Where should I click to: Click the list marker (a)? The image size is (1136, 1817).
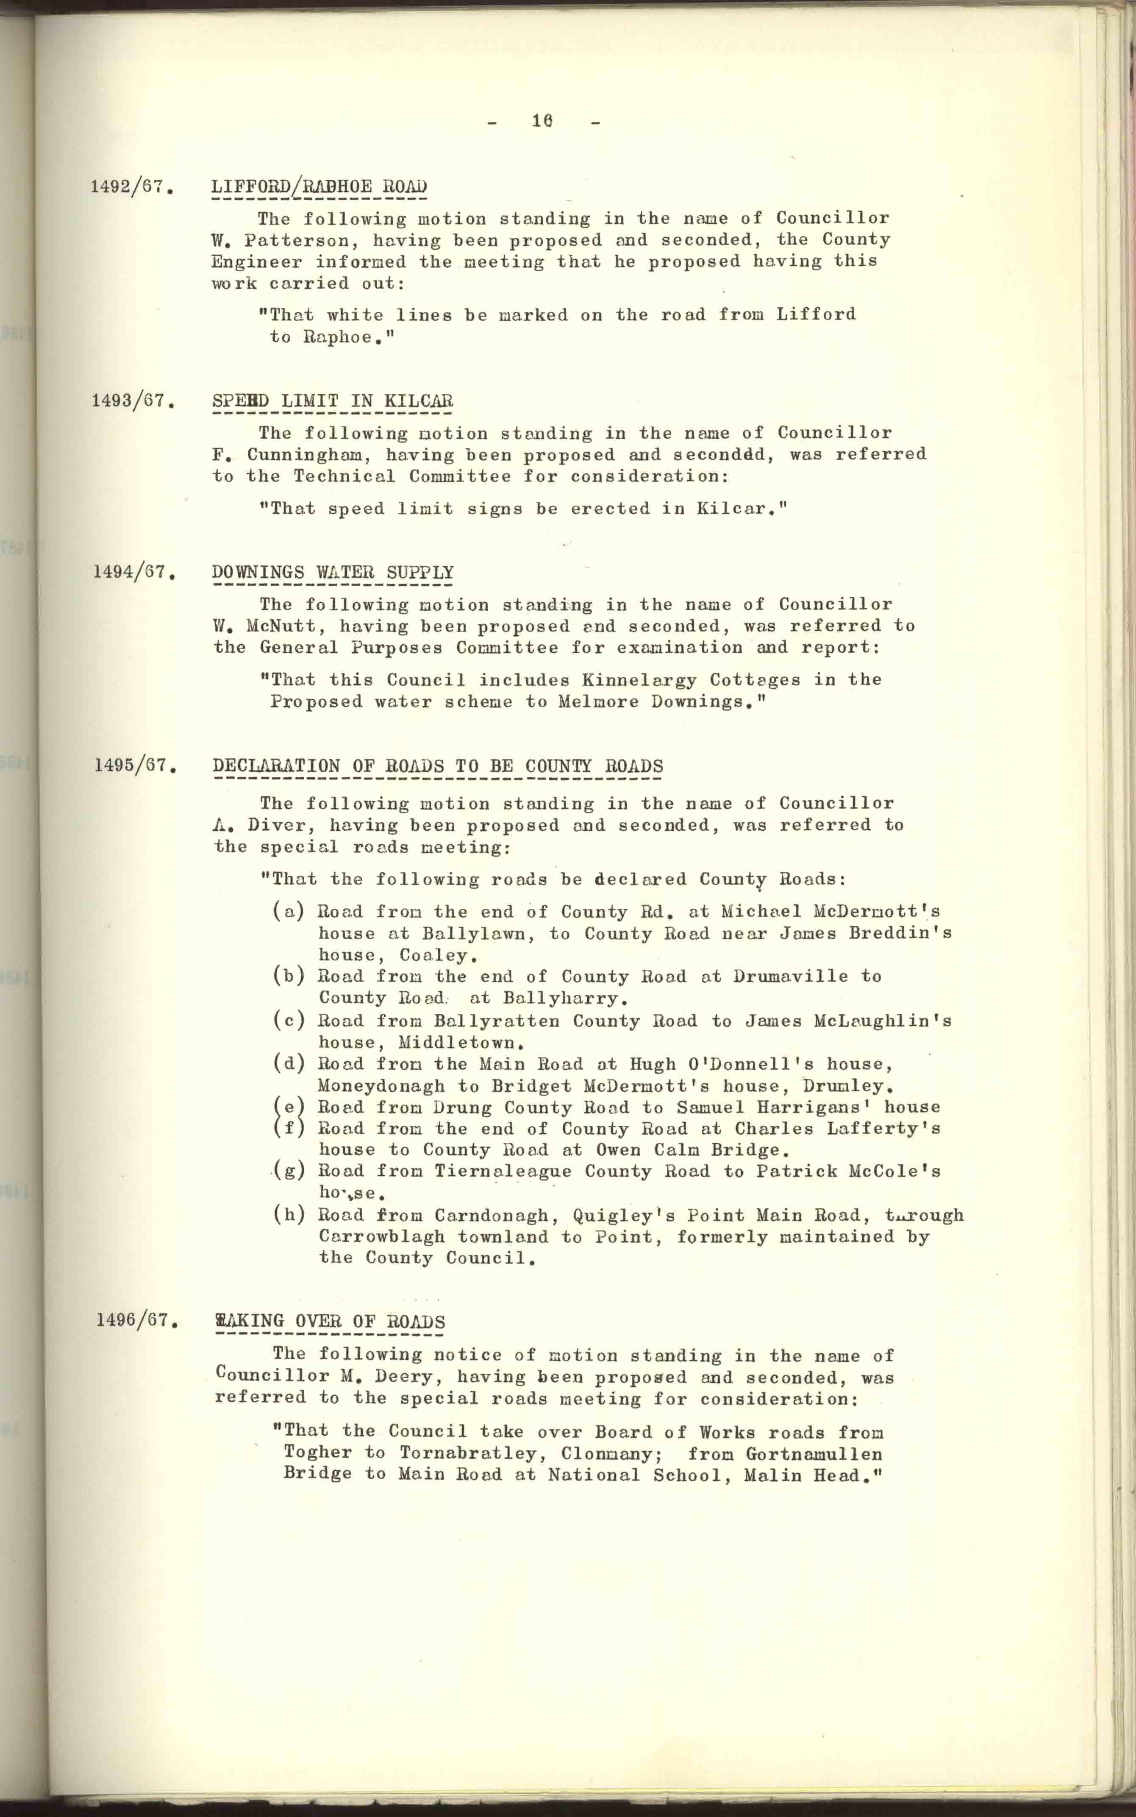click(x=289, y=912)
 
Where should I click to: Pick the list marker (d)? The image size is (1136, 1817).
click(x=289, y=1064)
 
